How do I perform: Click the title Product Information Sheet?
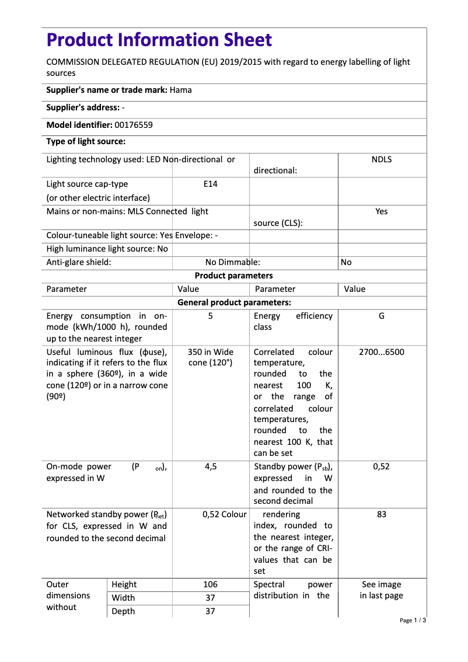pos(159,40)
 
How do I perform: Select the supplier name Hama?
pos(181,90)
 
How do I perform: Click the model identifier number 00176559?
pos(134,125)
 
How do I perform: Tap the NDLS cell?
pos(381,159)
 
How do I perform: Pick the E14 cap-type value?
pos(210,184)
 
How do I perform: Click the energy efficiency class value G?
pos(381,316)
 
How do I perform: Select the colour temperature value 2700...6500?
pos(381,352)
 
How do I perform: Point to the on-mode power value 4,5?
pos(210,466)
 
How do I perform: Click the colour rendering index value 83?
pos(381,514)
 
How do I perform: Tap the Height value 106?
pos(210,584)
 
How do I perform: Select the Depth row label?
pos(123,611)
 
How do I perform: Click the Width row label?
pos(123,598)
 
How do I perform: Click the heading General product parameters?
pos(233,302)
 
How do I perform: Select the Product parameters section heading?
pos(233,276)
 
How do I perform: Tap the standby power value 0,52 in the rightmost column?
pos(381,466)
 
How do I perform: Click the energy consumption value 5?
pos(210,316)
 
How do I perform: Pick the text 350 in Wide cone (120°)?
pos(210,357)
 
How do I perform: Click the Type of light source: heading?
pos(86,141)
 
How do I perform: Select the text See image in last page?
pos(381,590)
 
